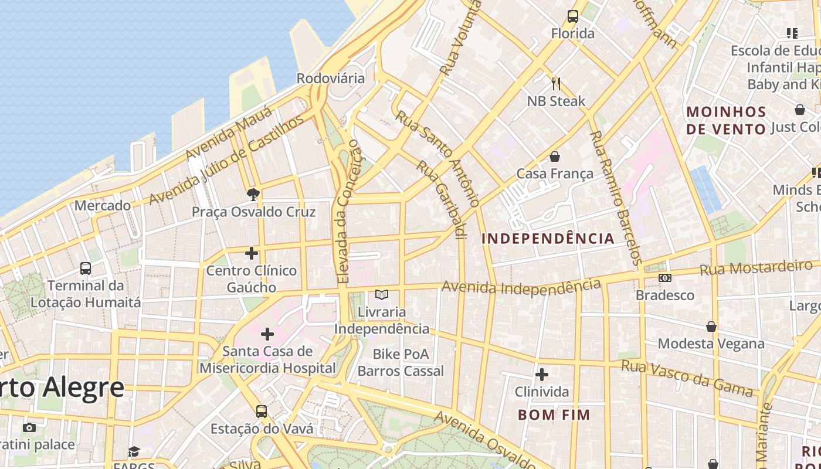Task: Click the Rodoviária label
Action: point(330,78)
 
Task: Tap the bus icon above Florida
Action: point(573,16)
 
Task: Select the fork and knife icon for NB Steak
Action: point(556,84)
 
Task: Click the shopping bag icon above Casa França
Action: point(555,157)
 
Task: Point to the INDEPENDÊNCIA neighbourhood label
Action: point(548,239)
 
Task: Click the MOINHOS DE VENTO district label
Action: point(727,120)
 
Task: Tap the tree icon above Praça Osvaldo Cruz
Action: point(253,194)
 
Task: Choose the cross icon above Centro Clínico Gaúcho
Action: point(252,253)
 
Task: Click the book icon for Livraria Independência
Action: point(382,294)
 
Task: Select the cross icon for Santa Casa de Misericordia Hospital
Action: point(267,334)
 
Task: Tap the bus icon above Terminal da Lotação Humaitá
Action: point(86,269)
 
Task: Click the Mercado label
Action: point(103,206)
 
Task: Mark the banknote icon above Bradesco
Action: point(664,278)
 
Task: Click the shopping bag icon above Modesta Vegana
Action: point(711,327)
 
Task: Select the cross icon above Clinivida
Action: point(542,374)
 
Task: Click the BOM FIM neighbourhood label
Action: point(554,415)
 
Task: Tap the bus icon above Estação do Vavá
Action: point(262,412)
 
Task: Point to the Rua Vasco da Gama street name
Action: point(687,379)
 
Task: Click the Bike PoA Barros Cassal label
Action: point(401,363)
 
